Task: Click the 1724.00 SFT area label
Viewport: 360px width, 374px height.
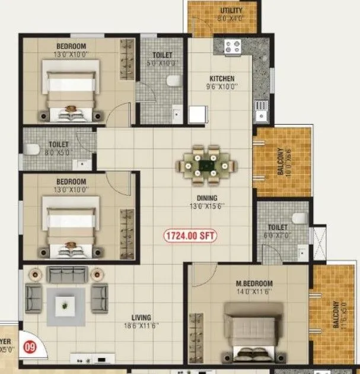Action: click(x=190, y=236)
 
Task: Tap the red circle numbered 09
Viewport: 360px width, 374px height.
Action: click(x=27, y=344)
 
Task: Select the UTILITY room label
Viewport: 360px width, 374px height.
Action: click(x=231, y=11)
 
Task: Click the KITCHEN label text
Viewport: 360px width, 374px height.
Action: click(x=222, y=78)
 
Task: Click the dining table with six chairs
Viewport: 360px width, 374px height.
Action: click(x=206, y=160)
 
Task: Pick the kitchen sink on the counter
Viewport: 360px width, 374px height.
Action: click(x=260, y=107)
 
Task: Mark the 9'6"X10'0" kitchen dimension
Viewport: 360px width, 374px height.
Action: click(x=222, y=87)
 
